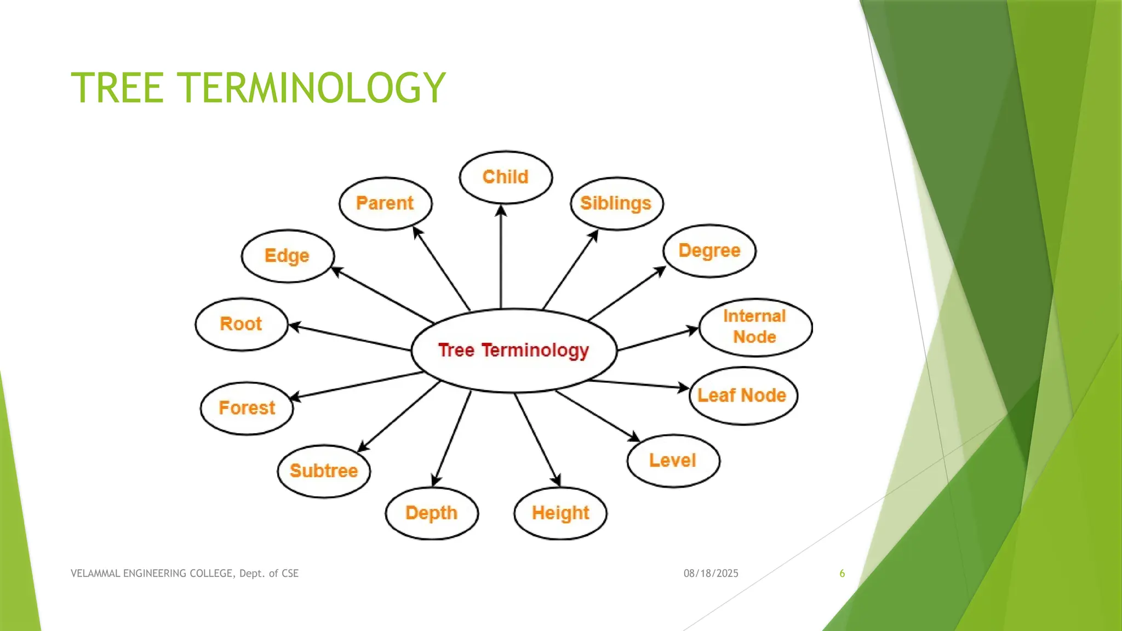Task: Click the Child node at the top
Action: pos(506,177)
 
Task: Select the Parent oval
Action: pos(385,203)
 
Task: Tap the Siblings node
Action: pos(616,203)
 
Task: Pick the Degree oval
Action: pos(709,251)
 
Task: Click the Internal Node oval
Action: pos(755,327)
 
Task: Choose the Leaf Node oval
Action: pos(743,395)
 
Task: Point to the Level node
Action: pos(673,461)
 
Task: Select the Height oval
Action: pos(560,513)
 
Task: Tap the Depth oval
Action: pos(432,513)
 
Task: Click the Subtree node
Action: pos(324,471)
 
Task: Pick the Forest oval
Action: pos(247,408)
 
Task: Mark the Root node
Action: pos(242,324)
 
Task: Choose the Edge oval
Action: pos(288,256)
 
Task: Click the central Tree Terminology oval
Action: pos(514,351)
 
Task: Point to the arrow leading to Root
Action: pos(351,337)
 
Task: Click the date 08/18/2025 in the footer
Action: pos(711,573)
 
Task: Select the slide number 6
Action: pos(842,573)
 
